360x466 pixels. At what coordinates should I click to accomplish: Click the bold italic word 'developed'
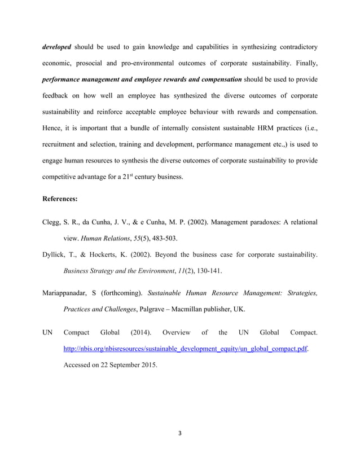(x=56, y=47)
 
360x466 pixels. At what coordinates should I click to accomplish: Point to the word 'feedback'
(x=58, y=95)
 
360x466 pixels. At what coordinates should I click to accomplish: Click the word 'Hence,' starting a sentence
(x=54, y=129)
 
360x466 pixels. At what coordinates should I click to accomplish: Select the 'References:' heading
(x=60, y=199)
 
